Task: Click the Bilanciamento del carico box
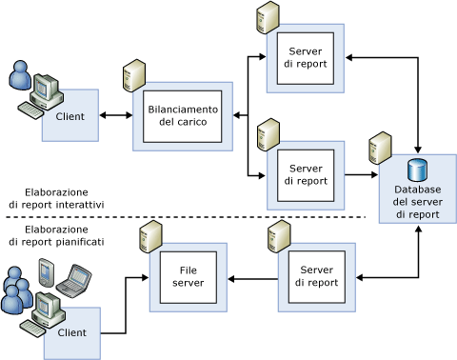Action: tap(183, 116)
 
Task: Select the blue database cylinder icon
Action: tap(417, 170)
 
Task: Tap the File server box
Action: tap(189, 277)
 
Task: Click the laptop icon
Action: tap(74, 281)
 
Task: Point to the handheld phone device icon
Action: tap(47, 272)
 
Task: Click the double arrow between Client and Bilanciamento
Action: tap(116, 115)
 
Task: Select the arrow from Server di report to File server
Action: tap(253, 279)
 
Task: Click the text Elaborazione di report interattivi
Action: tap(56, 198)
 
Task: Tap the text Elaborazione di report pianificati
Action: tap(56, 235)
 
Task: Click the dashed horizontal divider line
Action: tap(186, 217)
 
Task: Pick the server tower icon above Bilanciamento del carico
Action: tap(134, 75)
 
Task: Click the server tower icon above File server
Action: tap(150, 237)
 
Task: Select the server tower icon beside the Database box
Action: tap(380, 148)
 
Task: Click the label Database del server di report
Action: tap(418, 202)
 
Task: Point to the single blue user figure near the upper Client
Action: tap(20, 75)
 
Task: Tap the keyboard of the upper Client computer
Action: tap(30, 110)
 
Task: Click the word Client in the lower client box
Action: tap(72, 332)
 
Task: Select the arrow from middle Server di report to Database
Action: tap(361, 174)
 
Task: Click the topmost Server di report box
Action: tap(306, 58)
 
